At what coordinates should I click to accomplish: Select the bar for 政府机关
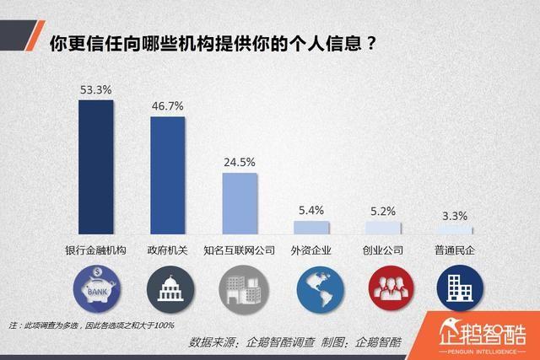tap(167, 175)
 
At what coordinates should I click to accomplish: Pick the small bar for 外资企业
tap(310, 228)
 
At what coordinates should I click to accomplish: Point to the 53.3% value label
tap(95, 89)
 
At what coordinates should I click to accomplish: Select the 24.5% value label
tap(239, 161)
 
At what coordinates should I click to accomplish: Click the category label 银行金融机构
tap(95, 250)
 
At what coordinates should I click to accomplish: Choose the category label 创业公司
tap(382, 250)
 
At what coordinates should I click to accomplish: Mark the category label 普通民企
tap(455, 250)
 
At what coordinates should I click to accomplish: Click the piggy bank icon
tap(95, 290)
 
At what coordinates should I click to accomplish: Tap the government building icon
tap(168, 290)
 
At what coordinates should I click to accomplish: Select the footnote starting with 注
tap(91, 324)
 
